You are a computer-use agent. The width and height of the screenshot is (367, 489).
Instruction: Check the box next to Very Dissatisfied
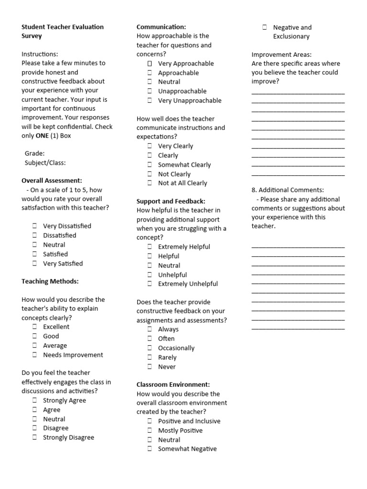pos(35,226)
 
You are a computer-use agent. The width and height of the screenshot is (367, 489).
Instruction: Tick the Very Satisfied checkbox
pos(35,263)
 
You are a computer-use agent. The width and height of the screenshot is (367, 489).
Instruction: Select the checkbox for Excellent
pos(35,327)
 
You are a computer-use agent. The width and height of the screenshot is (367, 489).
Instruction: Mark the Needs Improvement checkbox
pos(35,355)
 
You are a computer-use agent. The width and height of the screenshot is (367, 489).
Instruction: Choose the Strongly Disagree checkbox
pos(35,437)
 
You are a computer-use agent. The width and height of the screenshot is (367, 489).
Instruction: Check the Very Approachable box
pos(150,64)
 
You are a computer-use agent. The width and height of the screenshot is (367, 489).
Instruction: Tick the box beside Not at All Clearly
pos(150,183)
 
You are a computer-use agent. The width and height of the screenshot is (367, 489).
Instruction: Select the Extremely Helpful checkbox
pos(150,247)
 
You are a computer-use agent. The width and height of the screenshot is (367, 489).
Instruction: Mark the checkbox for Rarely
pos(150,357)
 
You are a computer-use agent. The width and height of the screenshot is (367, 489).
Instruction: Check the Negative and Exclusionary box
pos(265,28)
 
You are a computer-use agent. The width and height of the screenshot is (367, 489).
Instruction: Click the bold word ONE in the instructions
pos(42,136)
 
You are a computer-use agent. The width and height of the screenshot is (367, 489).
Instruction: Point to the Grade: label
pos(34,153)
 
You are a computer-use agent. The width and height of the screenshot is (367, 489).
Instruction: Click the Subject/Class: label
pos(45,162)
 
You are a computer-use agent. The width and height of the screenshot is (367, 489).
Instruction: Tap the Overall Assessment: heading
pos(52,181)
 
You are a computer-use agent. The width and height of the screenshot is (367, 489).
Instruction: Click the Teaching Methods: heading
pos(50,281)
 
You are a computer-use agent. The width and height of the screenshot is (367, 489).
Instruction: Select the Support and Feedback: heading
pos(171,201)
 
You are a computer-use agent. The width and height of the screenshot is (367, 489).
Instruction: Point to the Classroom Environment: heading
pos(173,384)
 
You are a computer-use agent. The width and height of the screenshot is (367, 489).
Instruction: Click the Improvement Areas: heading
pos(281,54)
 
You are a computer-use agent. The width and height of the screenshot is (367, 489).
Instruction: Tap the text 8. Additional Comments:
pos(288,190)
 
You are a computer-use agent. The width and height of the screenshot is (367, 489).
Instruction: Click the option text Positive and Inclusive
pos(189,421)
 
